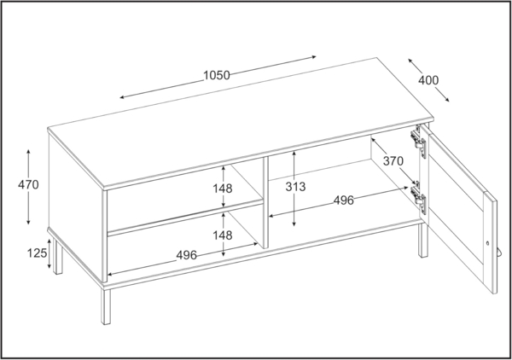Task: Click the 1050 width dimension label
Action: (217, 75)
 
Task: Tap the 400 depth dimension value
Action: (428, 81)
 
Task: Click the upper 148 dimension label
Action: (224, 188)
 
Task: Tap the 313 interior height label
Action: (296, 186)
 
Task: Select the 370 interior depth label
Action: (393, 160)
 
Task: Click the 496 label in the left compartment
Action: (186, 255)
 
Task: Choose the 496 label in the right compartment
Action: (343, 201)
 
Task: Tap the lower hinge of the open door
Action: (418, 199)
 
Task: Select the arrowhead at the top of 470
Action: (30, 151)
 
